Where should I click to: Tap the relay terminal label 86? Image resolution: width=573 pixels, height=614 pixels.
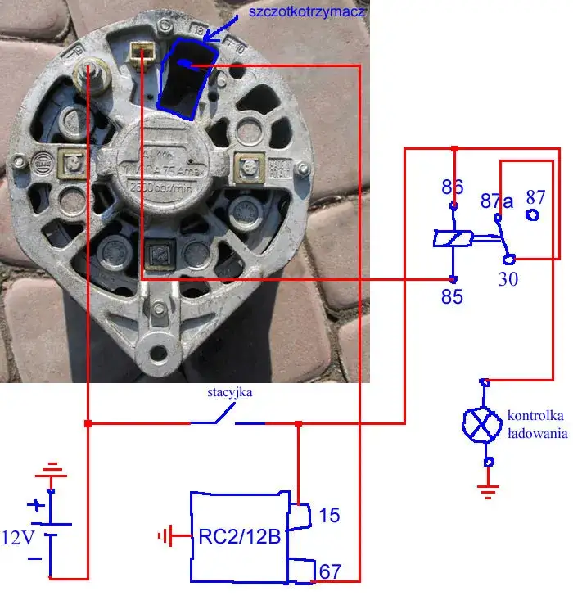tap(453, 187)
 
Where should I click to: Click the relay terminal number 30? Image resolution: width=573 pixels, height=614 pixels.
tap(508, 279)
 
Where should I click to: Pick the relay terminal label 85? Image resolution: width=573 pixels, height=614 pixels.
tap(452, 296)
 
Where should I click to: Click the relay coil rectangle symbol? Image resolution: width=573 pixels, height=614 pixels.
tap(453, 238)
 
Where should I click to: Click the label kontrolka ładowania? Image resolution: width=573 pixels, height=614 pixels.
tap(536, 422)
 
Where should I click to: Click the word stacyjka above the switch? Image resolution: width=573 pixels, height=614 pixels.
tap(229, 393)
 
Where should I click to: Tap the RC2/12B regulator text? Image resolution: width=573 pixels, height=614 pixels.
tap(239, 538)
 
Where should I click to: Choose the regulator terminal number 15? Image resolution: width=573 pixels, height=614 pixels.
tap(329, 516)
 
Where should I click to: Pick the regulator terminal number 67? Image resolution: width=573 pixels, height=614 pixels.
tap(331, 571)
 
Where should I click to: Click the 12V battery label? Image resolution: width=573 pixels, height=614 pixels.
tap(19, 538)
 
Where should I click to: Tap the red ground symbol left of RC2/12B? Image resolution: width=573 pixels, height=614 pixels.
tap(167, 536)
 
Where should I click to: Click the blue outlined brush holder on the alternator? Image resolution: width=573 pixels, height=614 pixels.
tap(187, 76)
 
